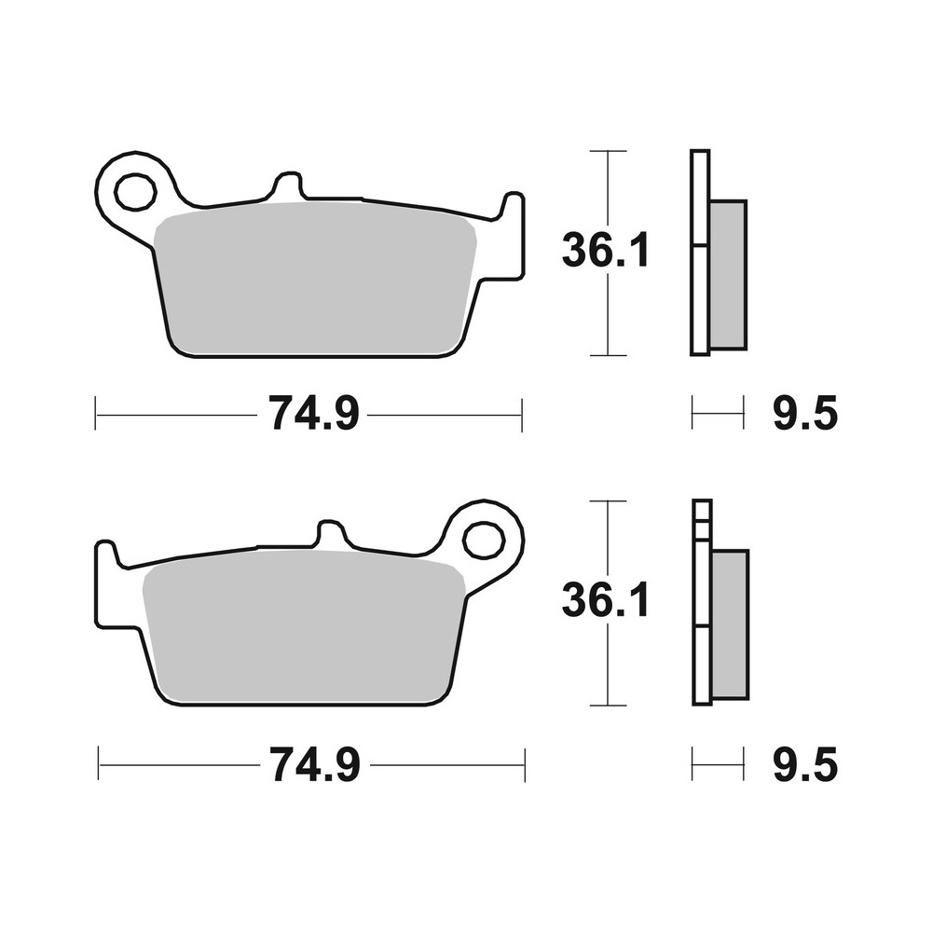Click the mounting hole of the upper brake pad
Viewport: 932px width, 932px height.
135,193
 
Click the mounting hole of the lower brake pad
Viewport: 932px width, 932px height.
484,540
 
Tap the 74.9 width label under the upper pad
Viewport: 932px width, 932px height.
313,414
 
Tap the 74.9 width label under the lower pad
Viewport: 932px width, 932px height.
313,765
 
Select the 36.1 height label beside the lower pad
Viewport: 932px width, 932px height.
605,601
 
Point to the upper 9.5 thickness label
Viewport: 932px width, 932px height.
804,414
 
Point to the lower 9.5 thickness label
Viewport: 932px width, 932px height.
804,765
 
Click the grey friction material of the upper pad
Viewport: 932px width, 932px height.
317,280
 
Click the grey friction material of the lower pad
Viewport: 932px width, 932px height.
303,629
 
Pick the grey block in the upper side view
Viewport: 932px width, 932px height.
728,274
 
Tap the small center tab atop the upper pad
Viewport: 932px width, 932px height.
289,185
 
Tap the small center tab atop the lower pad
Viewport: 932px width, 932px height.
331,535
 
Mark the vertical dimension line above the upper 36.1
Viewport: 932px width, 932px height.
608,186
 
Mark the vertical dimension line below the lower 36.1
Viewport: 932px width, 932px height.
608,666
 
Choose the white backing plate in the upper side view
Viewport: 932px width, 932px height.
699,252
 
